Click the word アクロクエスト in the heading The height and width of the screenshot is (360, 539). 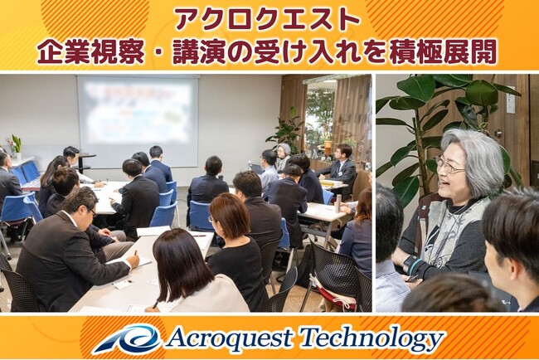(x=268, y=19)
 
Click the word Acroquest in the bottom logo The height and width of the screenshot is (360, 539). (x=229, y=339)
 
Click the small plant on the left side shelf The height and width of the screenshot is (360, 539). (x=15, y=145)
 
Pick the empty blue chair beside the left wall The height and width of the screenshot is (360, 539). (x=17, y=212)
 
